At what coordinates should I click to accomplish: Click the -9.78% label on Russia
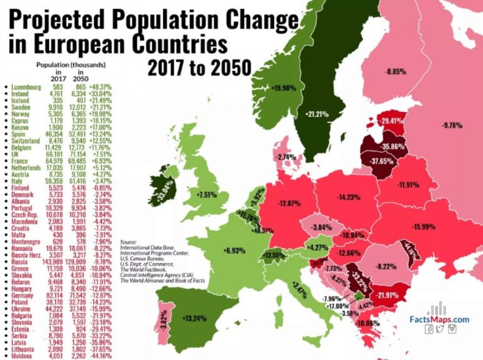pyautogui.click(x=451, y=125)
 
